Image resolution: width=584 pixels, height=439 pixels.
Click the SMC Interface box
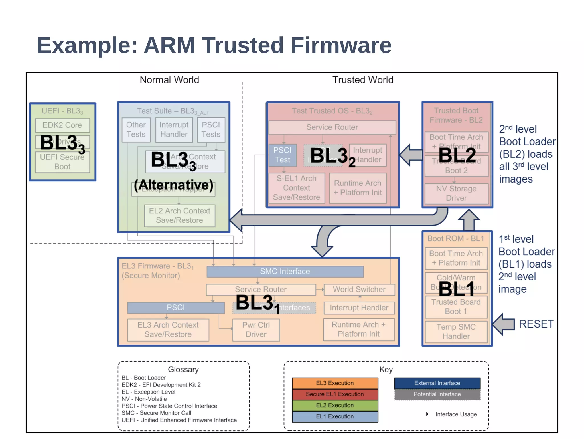(285, 272)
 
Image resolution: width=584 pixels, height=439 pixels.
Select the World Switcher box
(359, 290)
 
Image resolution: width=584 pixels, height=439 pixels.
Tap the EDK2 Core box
(62, 125)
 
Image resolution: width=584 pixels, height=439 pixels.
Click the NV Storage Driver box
(456, 193)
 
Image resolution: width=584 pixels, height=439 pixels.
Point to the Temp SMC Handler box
(456, 332)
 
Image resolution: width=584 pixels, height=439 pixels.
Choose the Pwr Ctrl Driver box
(256, 330)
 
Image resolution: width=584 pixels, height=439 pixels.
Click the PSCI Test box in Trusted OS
(283, 155)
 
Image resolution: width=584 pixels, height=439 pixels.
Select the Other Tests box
(136, 130)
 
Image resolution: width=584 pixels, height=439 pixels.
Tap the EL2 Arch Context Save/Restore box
(180, 216)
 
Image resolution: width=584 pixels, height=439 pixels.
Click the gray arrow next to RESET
(503, 324)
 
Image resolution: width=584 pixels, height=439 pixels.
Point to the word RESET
(536, 324)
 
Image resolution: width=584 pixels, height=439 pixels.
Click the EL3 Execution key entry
(335, 383)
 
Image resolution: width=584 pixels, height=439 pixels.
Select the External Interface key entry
(437, 383)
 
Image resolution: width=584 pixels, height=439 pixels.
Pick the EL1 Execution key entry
(335, 417)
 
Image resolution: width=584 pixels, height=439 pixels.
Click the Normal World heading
(169, 80)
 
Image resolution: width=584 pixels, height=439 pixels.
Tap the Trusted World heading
(363, 80)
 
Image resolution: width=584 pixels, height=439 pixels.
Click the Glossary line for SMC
(156, 413)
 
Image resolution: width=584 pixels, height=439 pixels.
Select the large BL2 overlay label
(457, 156)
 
